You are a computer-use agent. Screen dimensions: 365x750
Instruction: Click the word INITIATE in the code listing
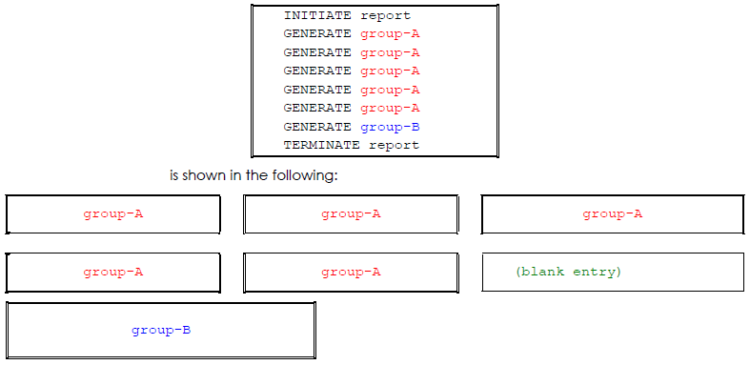(317, 15)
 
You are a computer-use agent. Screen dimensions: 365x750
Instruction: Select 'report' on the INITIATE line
(385, 15)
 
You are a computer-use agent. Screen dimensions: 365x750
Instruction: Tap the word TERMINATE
(321, 146)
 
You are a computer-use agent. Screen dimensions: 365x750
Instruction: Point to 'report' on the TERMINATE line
(394, 146)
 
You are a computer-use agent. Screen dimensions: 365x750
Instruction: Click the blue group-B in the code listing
(390, 127)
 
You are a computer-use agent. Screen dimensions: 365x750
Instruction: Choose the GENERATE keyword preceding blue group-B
(317, 127)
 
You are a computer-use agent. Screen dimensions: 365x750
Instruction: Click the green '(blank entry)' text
(567, 272)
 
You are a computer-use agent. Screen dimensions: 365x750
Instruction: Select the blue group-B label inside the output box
(161, 330)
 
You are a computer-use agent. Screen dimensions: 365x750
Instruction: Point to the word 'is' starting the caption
(174, 175)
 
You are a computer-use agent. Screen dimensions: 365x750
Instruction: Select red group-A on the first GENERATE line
(390, 33)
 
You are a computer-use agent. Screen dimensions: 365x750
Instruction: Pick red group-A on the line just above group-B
(390, 108)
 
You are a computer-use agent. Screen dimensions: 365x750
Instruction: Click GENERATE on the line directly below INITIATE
(317, 33)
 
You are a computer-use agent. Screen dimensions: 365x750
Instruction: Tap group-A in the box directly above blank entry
(612, 213)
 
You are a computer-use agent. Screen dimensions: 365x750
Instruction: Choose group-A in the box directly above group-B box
(112, 272)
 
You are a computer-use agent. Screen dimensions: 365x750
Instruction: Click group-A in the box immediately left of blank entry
(351, 272)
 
